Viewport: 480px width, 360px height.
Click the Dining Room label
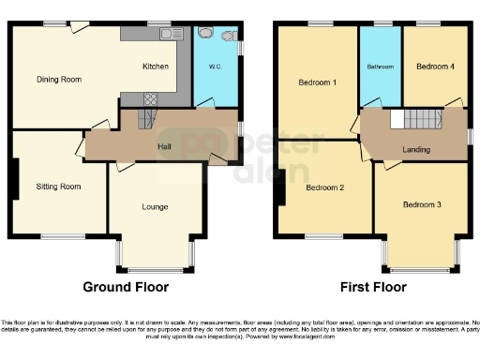tap(59, 80)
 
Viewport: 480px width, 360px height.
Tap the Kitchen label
tap(155, 67)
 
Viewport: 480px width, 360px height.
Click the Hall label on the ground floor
tap(163, 146)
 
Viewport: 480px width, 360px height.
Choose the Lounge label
tap(155, 205)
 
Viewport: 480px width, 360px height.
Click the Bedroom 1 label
tap(317, 82)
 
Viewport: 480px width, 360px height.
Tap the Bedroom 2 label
tap(324, 187)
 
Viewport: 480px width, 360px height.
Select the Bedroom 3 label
tap(422, 203)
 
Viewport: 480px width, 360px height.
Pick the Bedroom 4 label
tap(435, 67)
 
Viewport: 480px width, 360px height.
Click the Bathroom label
tap(380, 67)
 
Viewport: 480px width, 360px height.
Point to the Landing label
tap(416, 149)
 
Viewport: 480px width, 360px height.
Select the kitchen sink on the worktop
tap(170, 34)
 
